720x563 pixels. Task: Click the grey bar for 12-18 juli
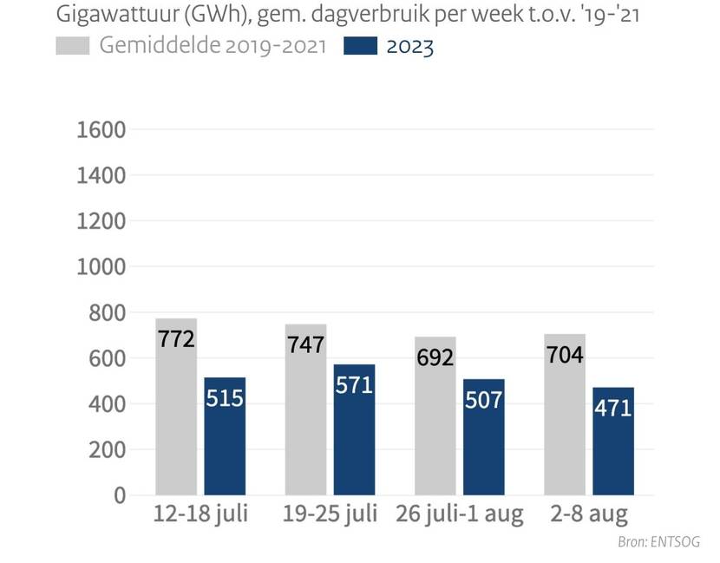(x=176, y=408)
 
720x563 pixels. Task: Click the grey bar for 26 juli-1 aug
(x=435, y=416)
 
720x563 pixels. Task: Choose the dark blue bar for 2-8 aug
(x=613, y=442)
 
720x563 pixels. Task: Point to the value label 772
(x=176, y=338)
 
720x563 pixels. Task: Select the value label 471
(x=613, y=407)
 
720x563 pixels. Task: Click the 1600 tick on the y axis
(x=101, y=130)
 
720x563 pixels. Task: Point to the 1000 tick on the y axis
(x=101, y=267)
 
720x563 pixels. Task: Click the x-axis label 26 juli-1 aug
(x=459, y=514)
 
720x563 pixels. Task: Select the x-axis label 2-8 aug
(x=589, y=514)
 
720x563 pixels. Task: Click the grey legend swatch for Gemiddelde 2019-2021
(x=73, y=46)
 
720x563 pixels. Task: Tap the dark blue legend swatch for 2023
(x=360, y=46)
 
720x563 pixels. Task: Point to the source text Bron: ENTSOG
(x=658, y=542)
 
